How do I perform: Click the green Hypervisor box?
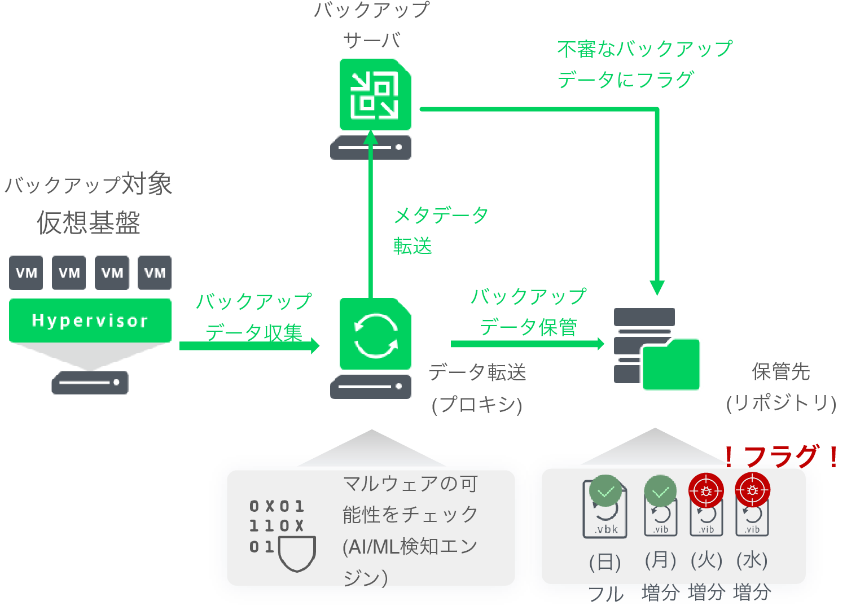90,321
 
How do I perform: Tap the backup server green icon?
375,95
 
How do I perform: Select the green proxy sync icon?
375,334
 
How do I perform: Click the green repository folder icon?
671,365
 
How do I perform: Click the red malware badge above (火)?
706,491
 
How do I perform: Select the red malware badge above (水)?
752,491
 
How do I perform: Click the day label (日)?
605,562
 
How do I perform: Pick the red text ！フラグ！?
781,456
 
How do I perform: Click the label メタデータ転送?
440,230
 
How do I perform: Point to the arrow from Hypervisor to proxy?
248,345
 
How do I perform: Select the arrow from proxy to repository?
527,344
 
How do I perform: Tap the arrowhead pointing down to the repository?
657,287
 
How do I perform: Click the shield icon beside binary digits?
297,554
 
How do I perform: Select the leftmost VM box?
26,273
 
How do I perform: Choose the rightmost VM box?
155,273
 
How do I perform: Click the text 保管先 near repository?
780,372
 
